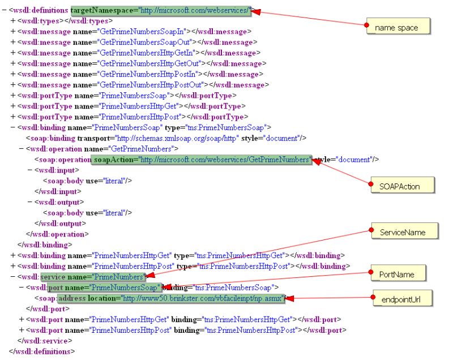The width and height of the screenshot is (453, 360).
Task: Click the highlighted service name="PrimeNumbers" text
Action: coord(93,277)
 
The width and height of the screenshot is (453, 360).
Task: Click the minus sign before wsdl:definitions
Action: coord(4,11)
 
